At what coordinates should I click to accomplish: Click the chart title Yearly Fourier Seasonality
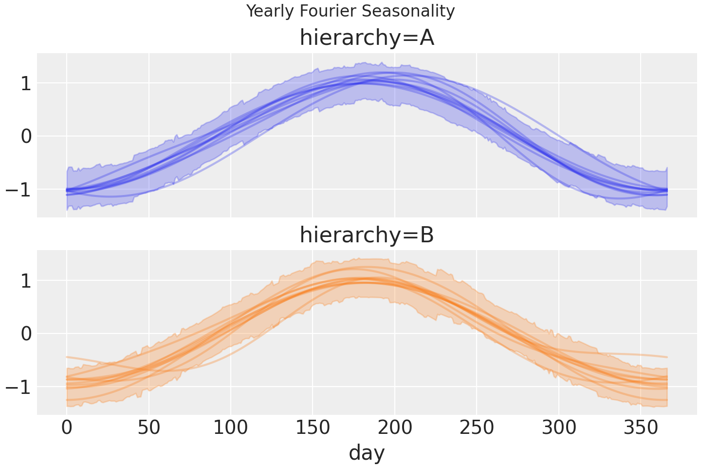coord(350,11)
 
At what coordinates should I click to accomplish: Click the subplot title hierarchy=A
coord(367,38)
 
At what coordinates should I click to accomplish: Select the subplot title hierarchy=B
coord(367,235)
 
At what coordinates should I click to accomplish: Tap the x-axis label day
coord(367,452)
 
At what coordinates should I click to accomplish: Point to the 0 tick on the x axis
coord(67,428)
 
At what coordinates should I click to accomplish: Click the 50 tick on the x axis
coord(149,428)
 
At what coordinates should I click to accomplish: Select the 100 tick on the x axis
coord(231,428)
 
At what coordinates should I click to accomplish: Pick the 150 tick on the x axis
coord(313,428)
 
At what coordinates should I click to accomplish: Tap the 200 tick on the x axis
coord(395,428)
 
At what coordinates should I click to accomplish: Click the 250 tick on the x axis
coord(477,428)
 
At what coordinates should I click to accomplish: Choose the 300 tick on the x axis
coord(558,428)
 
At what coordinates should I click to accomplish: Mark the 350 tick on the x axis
coord(641,428)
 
